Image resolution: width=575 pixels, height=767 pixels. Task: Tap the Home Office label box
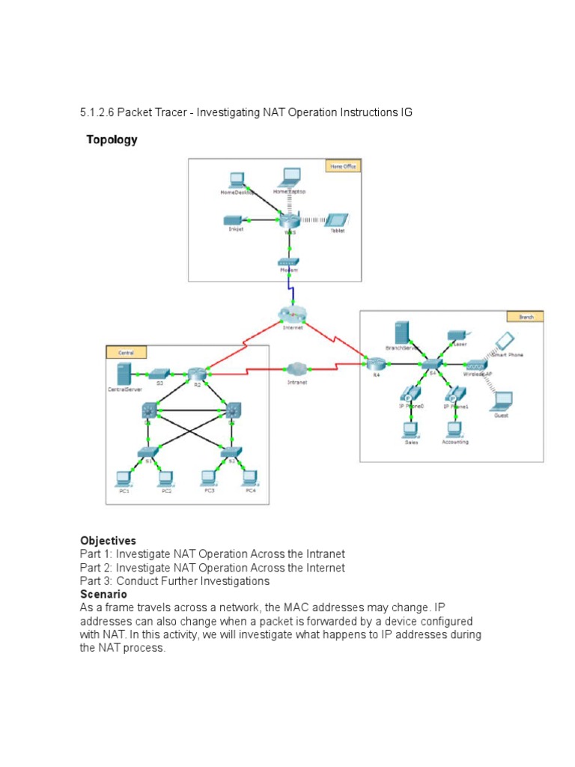(x=343, y=166)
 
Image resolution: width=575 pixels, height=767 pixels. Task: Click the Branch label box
(x=526, y=317)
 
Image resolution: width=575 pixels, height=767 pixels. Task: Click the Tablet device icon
(x=338, y=219)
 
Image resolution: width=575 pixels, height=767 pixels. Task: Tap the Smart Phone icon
(x=504, y=341)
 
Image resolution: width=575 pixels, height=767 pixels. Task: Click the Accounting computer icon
(x=454, y=429)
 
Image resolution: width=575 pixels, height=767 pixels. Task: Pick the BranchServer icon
(x=401, y=333)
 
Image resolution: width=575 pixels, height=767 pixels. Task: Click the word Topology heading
(x=112, y=140)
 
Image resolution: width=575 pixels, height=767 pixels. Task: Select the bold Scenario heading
(x=103, y=594)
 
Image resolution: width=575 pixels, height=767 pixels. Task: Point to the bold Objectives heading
(x=108, y=541)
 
